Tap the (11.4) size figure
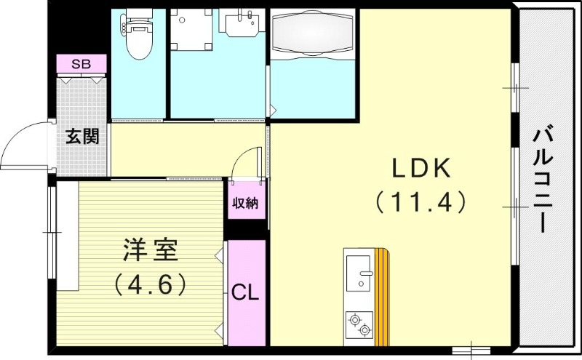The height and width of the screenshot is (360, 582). pyautogui.click(x=421, y=201)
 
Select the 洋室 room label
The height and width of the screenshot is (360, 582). pyautogui.click(x=150, y=250)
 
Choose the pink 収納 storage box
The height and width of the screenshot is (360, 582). pyautogui.click(x=245, y=203)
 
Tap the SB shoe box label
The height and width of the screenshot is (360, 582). pyautogui.click(x=81, y=64)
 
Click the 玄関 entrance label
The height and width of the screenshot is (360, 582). pyautogui.click(x=81, y=136)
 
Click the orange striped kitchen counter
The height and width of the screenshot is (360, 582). pyautogui.click(x=382, y=295)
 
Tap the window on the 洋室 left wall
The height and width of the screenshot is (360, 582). pyautogui.click(x=50, y=233)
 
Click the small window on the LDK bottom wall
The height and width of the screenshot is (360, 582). pyautogui.click(x=471, y=351)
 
